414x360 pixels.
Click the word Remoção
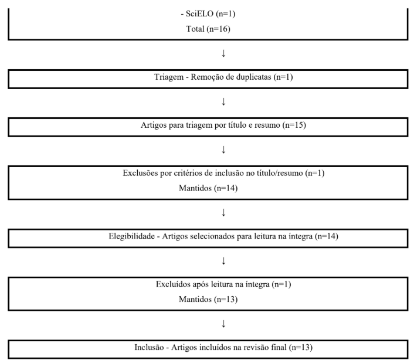[x=200, y=80]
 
